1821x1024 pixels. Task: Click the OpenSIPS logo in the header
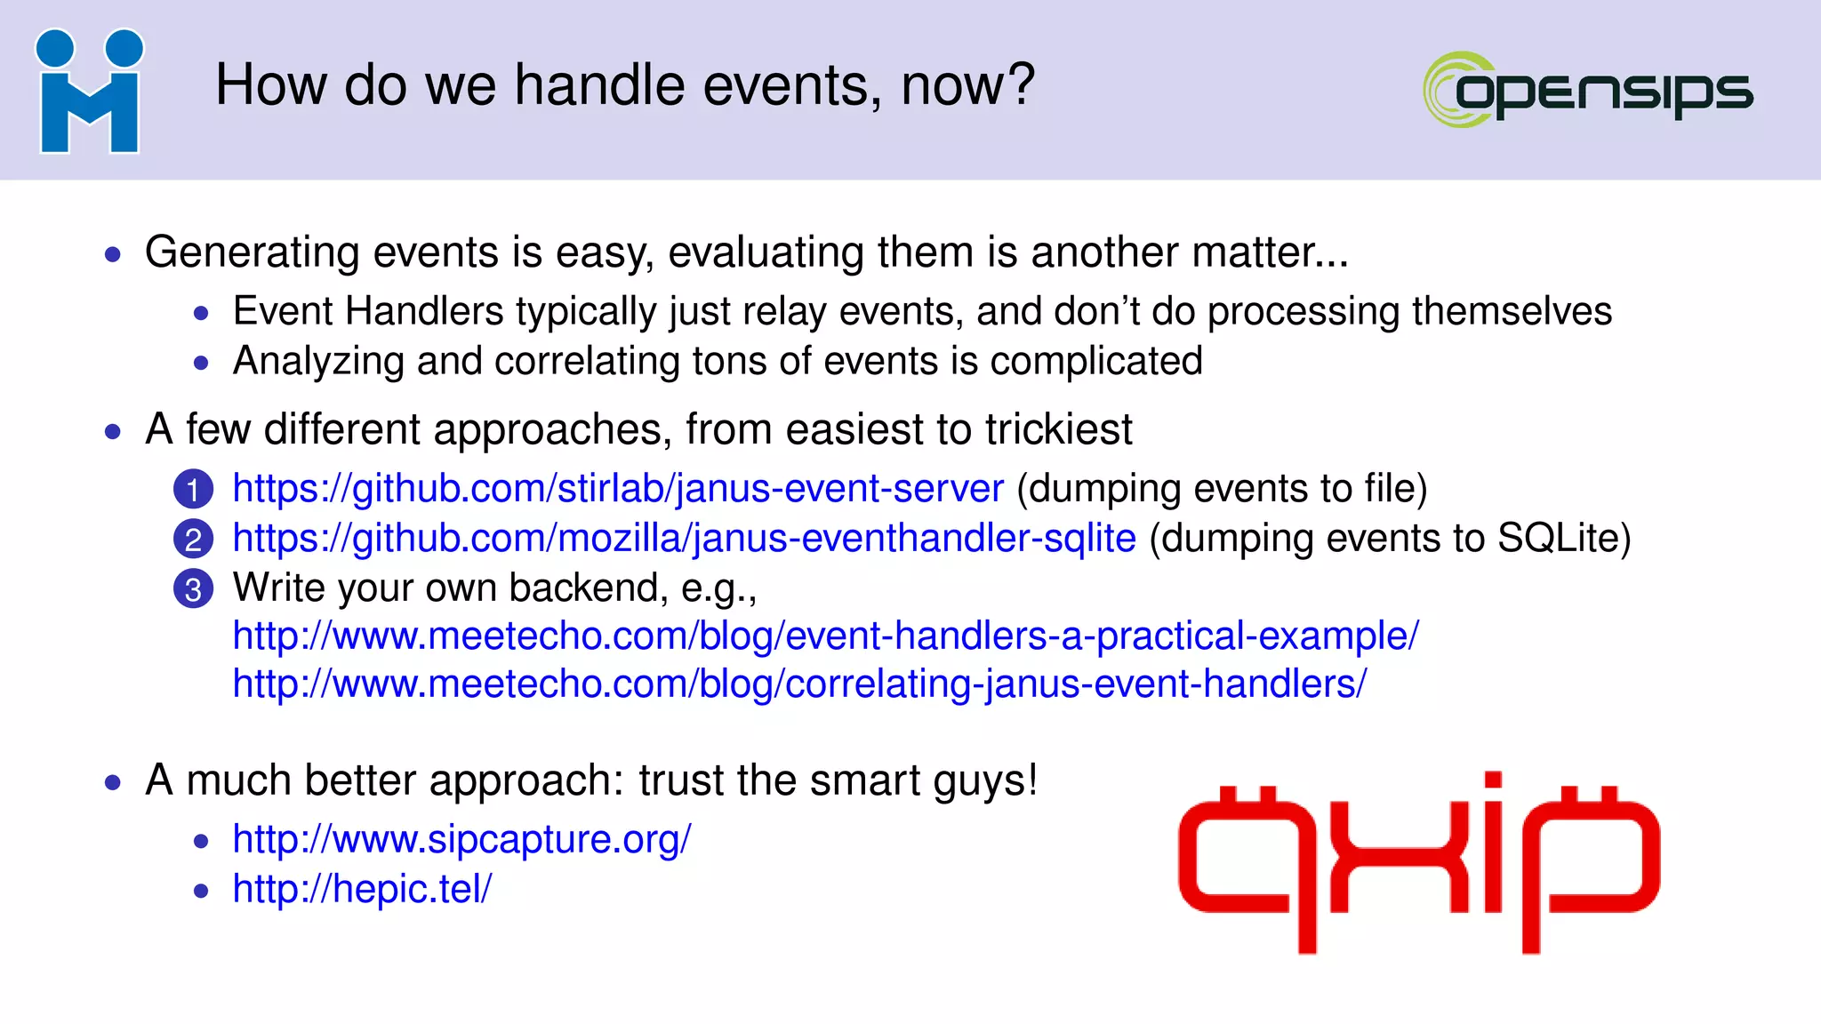pyautogui.click(x=1588, y=90)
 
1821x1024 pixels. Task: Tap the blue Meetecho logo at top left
pyautogui.click(x=89, y=92)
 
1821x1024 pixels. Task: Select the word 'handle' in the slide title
pyautogui.click(x=600, y=86)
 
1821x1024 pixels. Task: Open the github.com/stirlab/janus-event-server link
pyautogui.click(x=618, y=489)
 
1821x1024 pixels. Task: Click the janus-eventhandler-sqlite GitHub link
pyautogui.click(x=684, y=539)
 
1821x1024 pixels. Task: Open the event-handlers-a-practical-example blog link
pyautogui.click(x=825, y=636)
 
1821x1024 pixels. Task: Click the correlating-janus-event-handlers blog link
pyautogui.click(x=799, y=684)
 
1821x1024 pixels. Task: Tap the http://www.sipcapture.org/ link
pyautogui.click(x=461, y=839)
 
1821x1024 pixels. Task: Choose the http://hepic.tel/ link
pyautogui.click(x=362, y=889)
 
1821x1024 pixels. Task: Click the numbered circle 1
pyautogui.click(x=193, y=490)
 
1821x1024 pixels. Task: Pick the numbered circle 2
pyautogui.click(x=193, y=540)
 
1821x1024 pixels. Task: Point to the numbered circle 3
pyautogui.click(x=193, y=589)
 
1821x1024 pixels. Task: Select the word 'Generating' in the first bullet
pyautogui.click(x=253, y=252)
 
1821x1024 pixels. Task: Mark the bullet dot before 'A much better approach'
pyautogui.click(x=113, y=783)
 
